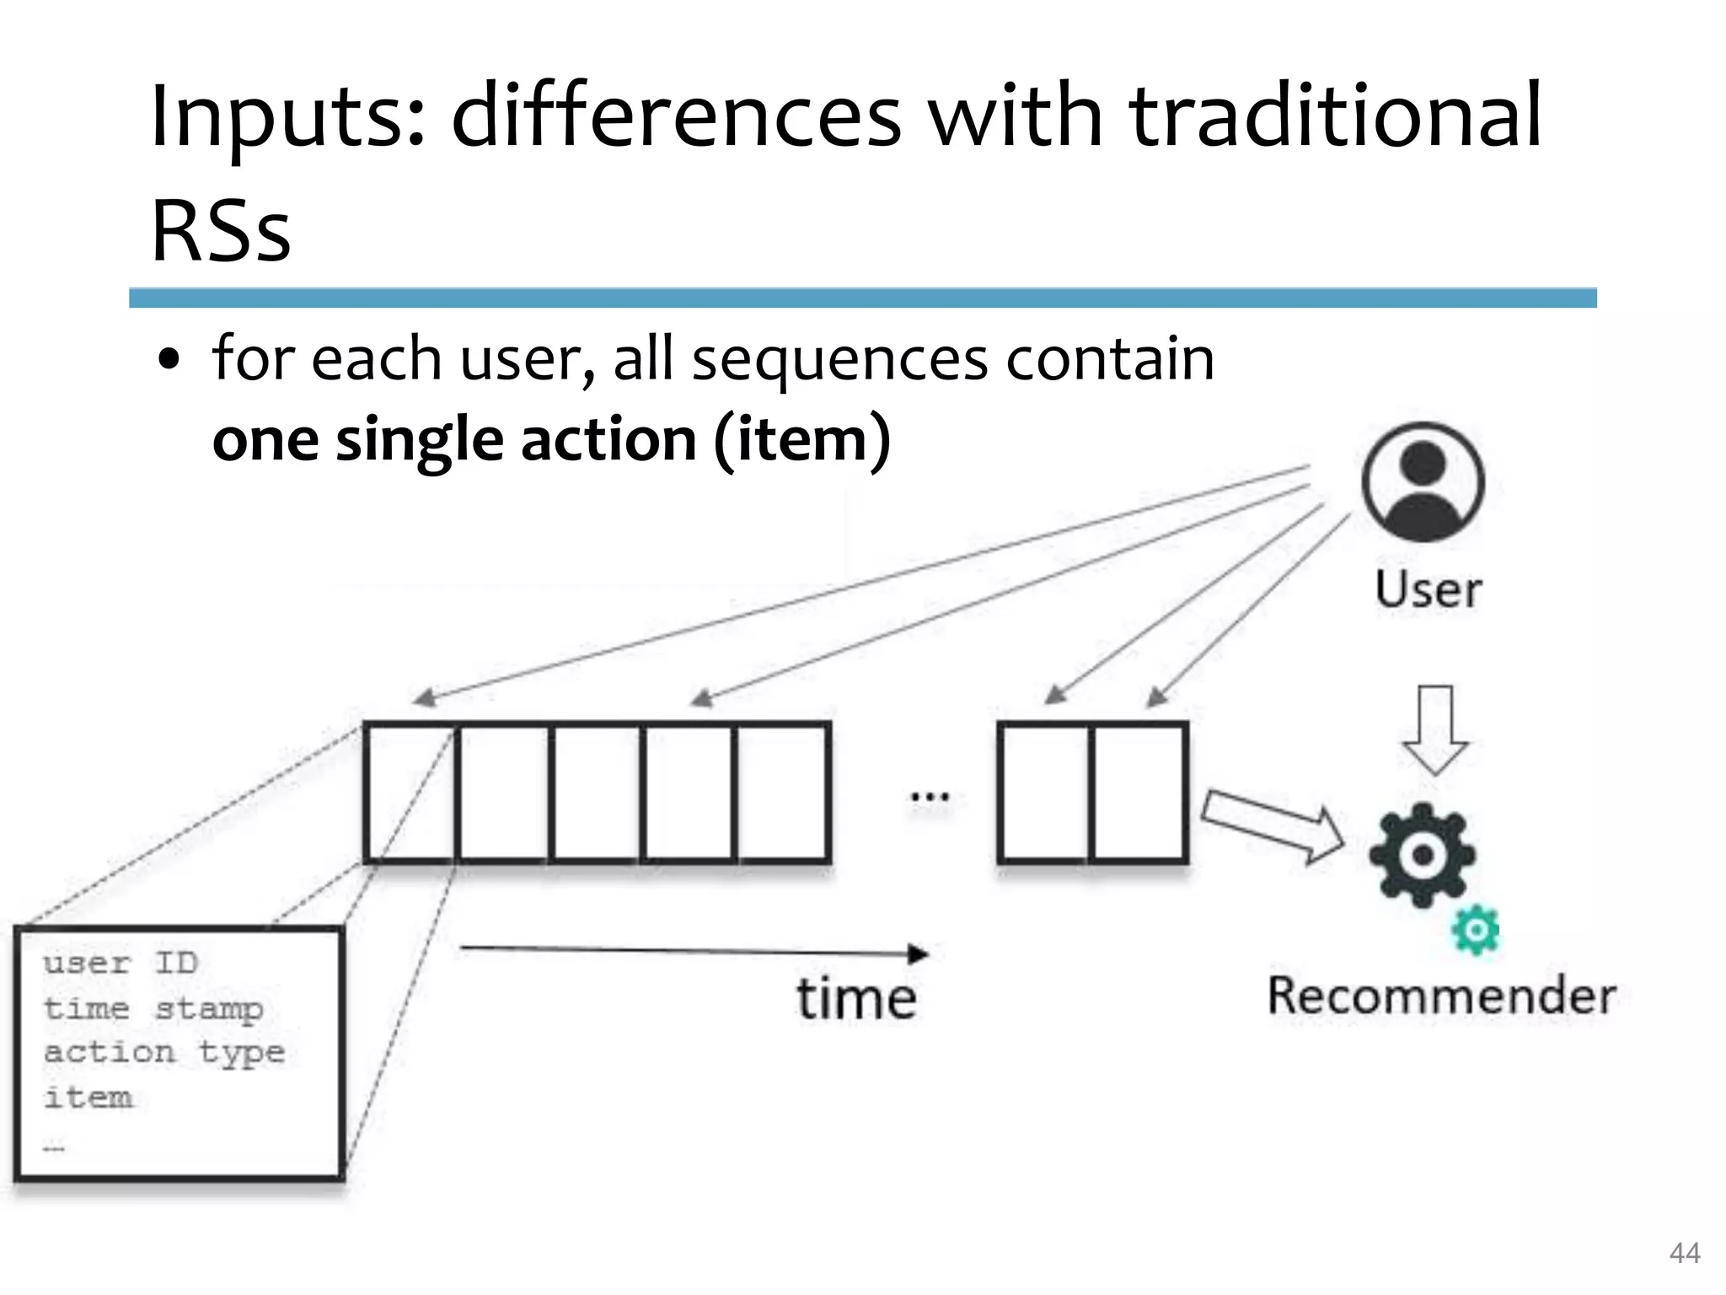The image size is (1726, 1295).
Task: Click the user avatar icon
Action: (x=1423, y=482)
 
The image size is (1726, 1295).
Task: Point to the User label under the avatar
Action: (x=1429, y=589)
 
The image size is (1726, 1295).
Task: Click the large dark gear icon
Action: (x=1423, y=855)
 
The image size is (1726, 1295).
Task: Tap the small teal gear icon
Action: (x=1476, y=930)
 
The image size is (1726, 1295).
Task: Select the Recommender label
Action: (x=1442, y=996)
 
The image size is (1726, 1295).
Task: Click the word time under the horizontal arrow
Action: (x=856, y=999)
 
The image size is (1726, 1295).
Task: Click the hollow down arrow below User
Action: (x=1435, y=730)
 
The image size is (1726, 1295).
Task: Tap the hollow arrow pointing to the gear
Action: (x=1273, y=826)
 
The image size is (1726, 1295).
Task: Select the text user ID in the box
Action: (x=121, y=963)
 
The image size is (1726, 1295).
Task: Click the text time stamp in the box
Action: (x=153, y=1008)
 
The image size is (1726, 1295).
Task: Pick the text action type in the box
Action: (x=164, y=1052)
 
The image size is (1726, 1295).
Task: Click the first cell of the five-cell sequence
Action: (x=411, y=793)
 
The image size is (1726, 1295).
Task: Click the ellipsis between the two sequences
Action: (x=930, y=796)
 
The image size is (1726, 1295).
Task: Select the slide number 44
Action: (x=1684, y=1253)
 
